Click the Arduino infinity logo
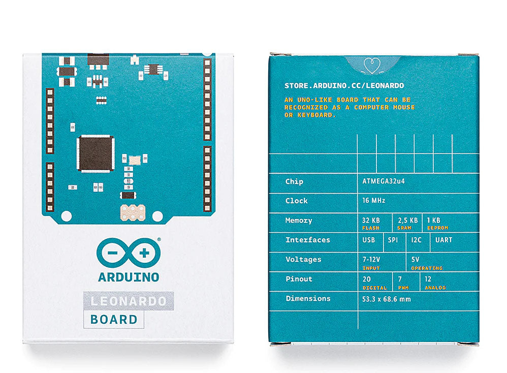click(x=129, y=253)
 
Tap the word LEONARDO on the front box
click(x=129, y=301)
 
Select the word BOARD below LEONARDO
click(x=114, y=320)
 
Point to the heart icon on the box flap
click(x=372, y=66)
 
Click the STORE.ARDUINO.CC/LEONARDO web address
click(x=344, y=86)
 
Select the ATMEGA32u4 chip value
click(x=384, y=181)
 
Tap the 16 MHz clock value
click(x=374, y=201)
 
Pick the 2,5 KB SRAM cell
click(x=408, y=223)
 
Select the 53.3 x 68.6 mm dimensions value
click(x=387, y=299)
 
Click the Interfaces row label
click(x=308, y=240)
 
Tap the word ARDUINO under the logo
click(x=129, y=277)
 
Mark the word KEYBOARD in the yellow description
click(x=316, y=115)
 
